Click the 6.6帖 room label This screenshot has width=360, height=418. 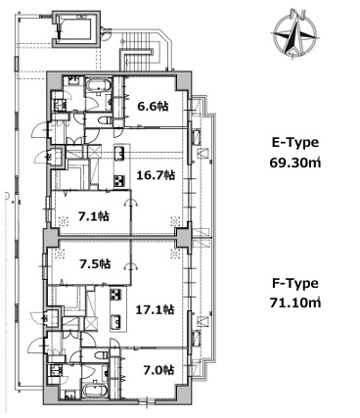tap(153, 106)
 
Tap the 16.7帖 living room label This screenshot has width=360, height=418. tap(156, 175)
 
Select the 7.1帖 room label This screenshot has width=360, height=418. tap(94, 216)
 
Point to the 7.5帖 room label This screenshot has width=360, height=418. tap(95, 263)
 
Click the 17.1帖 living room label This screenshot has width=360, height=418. tap(155, 309)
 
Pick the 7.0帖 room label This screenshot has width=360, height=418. tap(158, 370)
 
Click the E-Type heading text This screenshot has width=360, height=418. tap(295, 143)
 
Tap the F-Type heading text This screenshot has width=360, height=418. tap(295, 283)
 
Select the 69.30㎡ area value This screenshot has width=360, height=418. tap(295, 163)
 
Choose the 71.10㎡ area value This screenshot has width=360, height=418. tap(295, 302)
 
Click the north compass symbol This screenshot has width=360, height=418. tap(294, 33)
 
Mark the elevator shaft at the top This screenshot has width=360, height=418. tap(76, 28)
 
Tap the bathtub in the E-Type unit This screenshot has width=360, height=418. tap(99, 86)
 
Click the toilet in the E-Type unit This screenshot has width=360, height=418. tap(105, 120)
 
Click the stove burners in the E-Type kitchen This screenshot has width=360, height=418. tap(119, 181)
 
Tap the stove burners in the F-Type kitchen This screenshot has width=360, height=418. tap(115, 295)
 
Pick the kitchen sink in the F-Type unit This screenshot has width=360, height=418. tap(115, 321)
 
